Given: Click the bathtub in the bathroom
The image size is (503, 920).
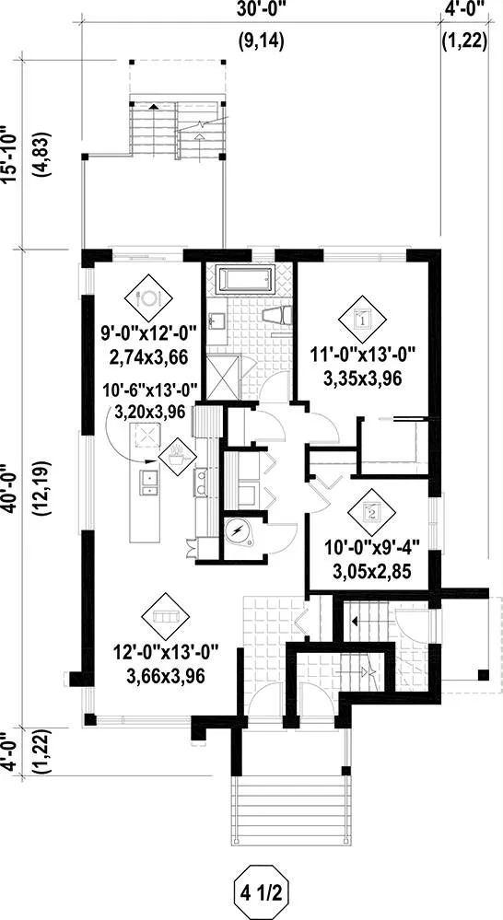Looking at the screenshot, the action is [245, 280].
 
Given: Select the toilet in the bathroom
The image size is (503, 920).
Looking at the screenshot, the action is [277, 316].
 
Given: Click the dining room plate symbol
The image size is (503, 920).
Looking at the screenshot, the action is [148, 298].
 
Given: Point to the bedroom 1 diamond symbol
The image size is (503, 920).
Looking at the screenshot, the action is [363, 320].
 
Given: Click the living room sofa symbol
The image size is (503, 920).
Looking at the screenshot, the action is [166, 617].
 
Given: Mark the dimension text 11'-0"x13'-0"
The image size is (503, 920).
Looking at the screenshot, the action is [362, 355].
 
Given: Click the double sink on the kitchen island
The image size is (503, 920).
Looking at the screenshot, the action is [149, 480].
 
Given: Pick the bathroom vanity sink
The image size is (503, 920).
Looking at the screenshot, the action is [218, 320].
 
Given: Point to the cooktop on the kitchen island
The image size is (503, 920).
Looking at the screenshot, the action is [146, 436].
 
